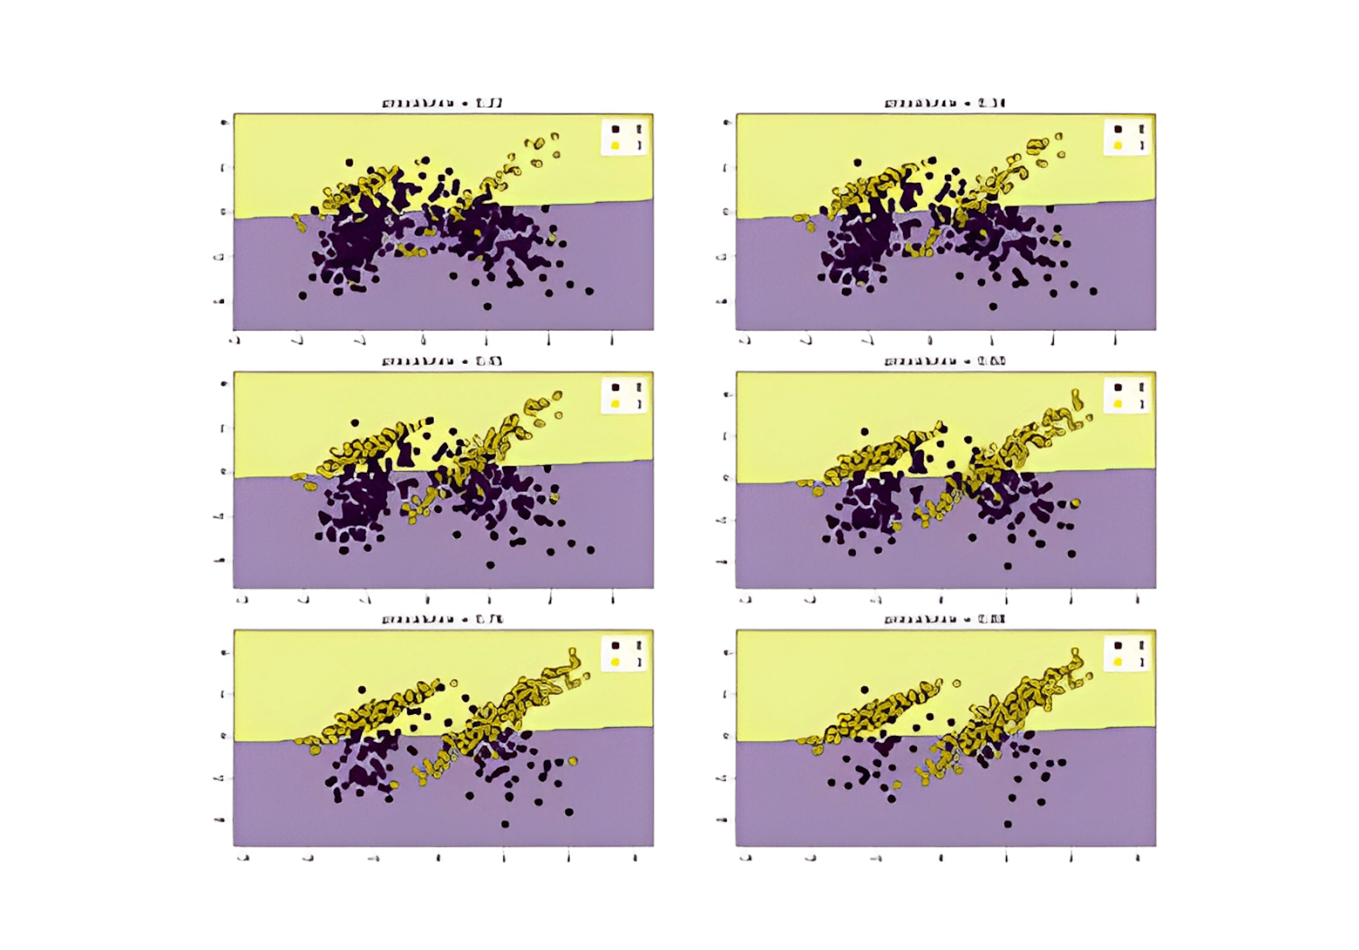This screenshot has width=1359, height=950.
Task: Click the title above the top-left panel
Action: coord(443,104)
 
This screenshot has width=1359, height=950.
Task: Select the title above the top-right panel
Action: coord(945,104)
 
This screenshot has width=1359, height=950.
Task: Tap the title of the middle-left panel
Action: coord(443,361)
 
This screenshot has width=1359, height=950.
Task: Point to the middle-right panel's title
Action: coord(945,361)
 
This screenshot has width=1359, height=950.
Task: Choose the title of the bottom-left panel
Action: coord(443,620)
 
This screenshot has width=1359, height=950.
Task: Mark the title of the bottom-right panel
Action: coord(945,620)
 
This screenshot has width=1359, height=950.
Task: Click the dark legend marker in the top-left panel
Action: coord(615,128)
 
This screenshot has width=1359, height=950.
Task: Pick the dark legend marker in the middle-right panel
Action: coord(1118,387)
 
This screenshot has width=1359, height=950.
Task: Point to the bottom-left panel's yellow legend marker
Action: coord(615,661)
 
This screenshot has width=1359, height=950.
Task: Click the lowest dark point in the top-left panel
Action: coord(487,306)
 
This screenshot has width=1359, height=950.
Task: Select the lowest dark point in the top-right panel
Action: coord(993,306)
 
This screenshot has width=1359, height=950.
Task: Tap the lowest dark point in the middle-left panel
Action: coord(490,565)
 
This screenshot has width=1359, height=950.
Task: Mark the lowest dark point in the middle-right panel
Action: coord(1008,566)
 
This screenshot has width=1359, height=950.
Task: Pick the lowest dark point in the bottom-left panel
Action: coord(505,823)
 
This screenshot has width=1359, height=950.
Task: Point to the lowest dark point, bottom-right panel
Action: coord(1008,823)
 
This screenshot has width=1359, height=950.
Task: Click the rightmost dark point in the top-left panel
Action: coord(590,290)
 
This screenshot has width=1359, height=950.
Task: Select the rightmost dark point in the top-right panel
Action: coord(1093,290)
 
